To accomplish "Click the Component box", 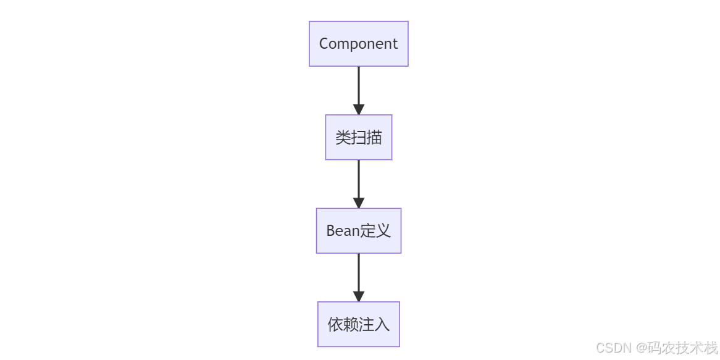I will pos(358,44).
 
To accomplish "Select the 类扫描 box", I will pos(358,137).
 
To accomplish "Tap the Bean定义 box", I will pos(358,230).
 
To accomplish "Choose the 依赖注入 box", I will pos(358,324).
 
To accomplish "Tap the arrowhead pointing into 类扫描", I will pos(358,109).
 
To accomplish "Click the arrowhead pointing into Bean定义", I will pos(358,203).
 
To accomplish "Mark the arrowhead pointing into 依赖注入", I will pos(358,296).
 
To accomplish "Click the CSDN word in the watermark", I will pos(614,348).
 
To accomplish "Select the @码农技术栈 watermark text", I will pos(677,348).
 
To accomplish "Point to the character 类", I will pos(343,137).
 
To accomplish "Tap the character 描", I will pos(374,137).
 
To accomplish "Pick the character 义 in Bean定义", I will pos(383,231).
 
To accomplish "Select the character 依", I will pos(335,324).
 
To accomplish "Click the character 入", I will pos(382,324).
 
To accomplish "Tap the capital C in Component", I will pos(324,44).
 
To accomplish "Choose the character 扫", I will pos(359,137).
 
